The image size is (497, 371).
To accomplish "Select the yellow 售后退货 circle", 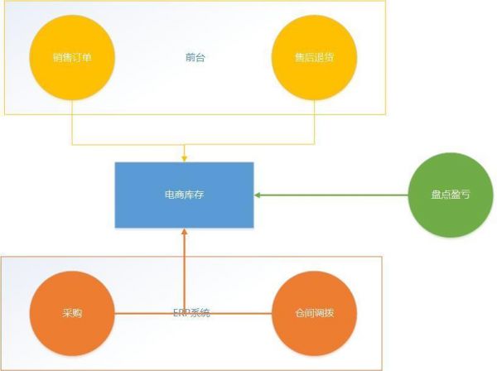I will tap(314, 58).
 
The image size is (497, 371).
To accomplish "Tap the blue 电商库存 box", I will tap(184, 195).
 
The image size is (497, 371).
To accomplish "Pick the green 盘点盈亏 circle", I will tap(451, 195).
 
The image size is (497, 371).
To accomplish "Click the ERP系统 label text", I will tap(191, 313).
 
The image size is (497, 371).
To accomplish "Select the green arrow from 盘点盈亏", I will tap(331, 195).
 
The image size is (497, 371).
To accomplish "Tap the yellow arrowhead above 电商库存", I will tap(184, 157).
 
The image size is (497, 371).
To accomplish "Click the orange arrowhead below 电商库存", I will tap(184, 233).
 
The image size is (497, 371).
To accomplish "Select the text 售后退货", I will tap(314, 58).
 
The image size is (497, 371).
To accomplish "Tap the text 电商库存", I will tap(184, 195).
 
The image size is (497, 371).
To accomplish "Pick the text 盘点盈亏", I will tap(451, 195).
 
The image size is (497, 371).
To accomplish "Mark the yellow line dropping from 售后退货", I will tap(314, 120).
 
